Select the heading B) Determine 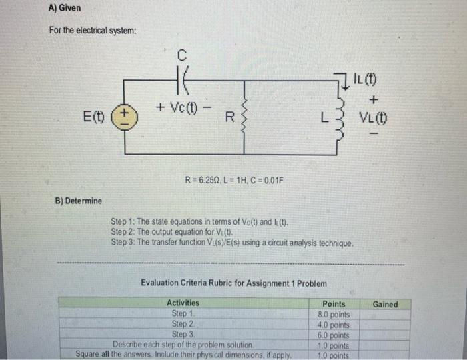[x=79, y=201]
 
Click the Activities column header [x=182, y=303]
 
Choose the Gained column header [x=385, y=304]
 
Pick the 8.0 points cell [x=334, y=313]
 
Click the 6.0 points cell [x=334, y=335]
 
